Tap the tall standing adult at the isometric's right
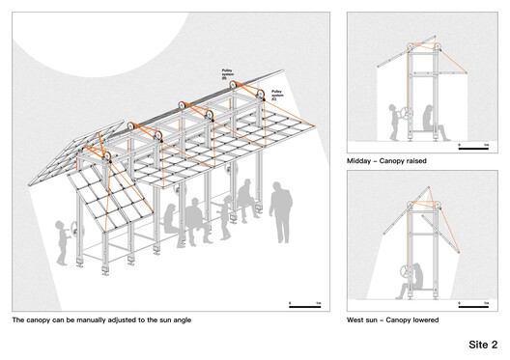(x=282, y=211)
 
